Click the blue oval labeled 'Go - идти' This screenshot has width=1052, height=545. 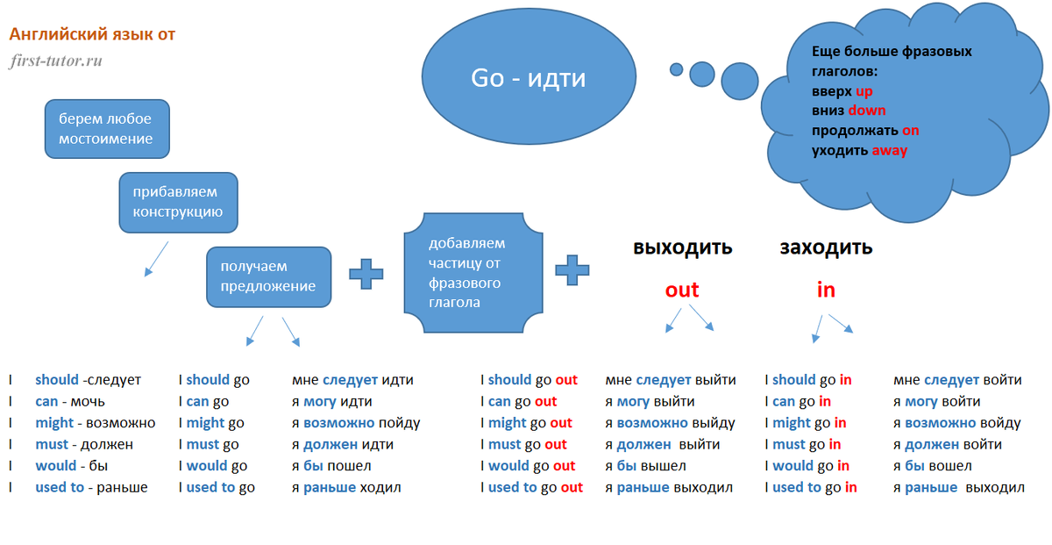(x=528, y=78)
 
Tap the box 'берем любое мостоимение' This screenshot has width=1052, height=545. (x=107, y=128)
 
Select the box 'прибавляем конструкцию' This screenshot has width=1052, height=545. (x=178, y=202)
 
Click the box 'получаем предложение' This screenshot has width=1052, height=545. (x=268, y=276)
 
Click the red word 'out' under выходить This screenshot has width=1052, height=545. (x=682, y=290)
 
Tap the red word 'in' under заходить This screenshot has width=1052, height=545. (x=826, y=290)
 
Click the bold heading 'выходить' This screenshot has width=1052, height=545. (x=682, y=247)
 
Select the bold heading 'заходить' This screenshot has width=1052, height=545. (x=826, y=247)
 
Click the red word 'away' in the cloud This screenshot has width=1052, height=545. (x=889, y=150)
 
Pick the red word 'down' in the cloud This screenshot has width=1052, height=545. (x=866, y=111)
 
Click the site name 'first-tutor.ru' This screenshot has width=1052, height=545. (x=56, y=61)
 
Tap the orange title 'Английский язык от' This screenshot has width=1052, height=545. (x=92, y=34)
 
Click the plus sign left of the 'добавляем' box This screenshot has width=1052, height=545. (x=366, y=273)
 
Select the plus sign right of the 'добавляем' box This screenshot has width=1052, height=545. (x=572, y=269)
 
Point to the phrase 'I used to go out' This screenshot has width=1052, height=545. (x=531, y=487)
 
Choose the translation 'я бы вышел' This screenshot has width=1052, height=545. (x=646, y=466)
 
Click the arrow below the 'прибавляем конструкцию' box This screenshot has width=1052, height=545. (x=155, y=259)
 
